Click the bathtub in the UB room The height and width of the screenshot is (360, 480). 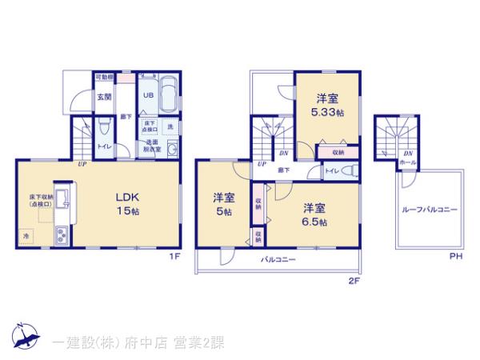(x=168, y=93)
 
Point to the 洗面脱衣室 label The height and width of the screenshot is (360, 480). (x=152, y=146)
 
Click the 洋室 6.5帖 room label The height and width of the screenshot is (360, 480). (x=314, y=214)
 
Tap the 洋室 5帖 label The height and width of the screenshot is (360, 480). (x=223, y=204)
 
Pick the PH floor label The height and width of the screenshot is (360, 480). (x=455, y=256)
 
